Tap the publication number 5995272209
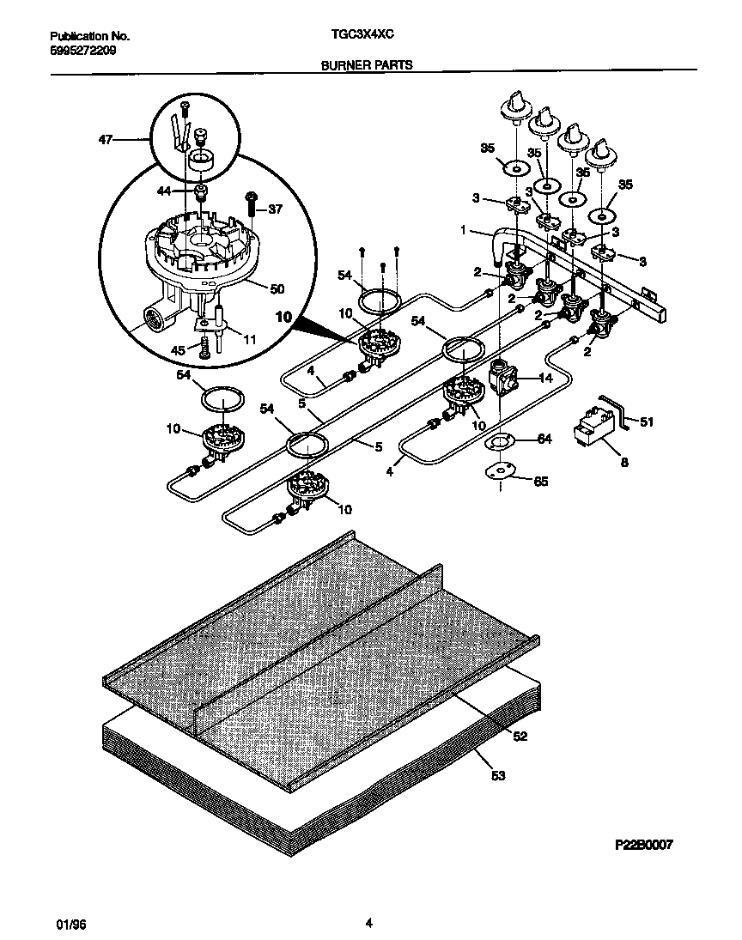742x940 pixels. click(83, 51)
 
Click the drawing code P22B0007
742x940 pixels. click(643, 844)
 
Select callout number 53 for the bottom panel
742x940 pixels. click(499, 776)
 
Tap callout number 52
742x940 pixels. click(520, 736)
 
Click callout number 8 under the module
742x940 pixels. click(623, 462)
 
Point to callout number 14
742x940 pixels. click(544, 377)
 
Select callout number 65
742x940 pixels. click(540, 482)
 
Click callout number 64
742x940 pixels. click(543, 439)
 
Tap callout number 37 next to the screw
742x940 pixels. click(275, 209)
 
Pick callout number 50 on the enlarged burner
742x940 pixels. click(277, 289)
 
